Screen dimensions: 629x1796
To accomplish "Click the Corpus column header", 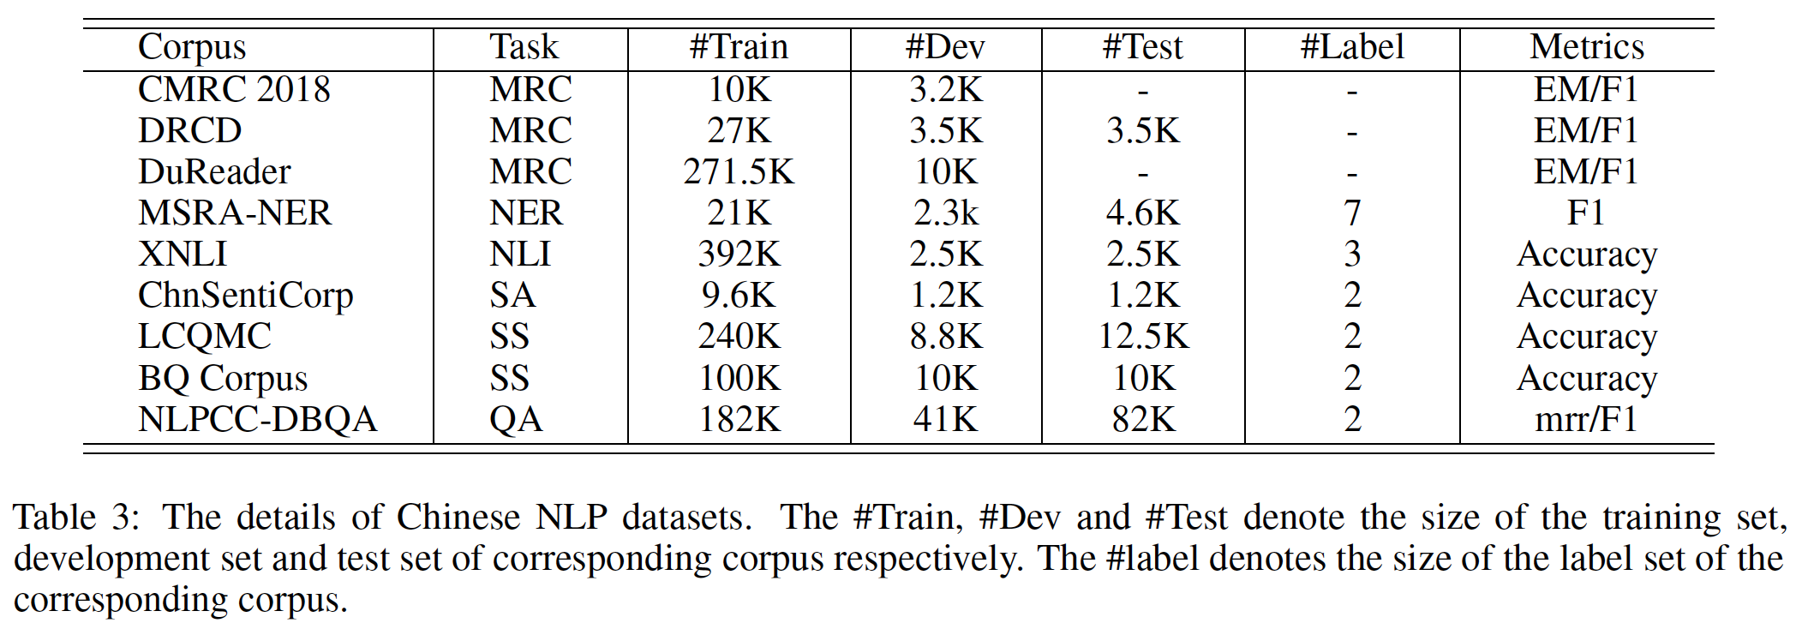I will coord(192,47).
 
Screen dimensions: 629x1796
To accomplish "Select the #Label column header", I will coord(1352,47).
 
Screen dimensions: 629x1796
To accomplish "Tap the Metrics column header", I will coord(1587,47).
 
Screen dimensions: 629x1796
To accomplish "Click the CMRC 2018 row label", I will coord(234,89).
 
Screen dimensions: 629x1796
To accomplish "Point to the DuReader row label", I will coord(214,171).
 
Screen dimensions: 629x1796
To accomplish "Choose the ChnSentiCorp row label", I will coord(245,296).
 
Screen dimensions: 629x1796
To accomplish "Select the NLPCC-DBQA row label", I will coord(257,420).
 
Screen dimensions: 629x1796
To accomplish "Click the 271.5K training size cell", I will coord(739,171).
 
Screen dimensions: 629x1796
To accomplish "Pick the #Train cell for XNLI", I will coord(739,255).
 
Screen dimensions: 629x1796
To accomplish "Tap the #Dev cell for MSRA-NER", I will coord(945,213).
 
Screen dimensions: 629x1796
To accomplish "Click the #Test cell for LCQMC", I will coord(1143,337).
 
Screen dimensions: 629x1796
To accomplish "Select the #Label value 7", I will coord(1352,213).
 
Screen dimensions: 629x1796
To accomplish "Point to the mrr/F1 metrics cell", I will coord(1586,420).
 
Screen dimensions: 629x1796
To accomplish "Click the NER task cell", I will coord(526,213).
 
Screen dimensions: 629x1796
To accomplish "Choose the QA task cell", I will coord(516,420).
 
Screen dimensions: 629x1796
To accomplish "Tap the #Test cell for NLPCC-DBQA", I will coord(1143,420).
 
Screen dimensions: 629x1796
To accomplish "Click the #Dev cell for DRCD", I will coord(945,130).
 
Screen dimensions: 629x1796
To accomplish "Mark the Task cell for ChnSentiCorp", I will coord(512,296).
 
